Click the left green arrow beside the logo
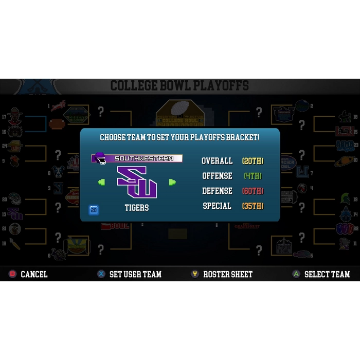pos(101,182)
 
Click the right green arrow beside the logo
pos(172,182)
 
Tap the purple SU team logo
pos(137,182)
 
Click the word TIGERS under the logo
pos(137,208)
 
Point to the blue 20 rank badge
pos(94,210)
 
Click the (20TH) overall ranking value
pos(253,161)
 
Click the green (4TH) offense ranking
pos(253,176)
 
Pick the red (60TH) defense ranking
pos(253,191)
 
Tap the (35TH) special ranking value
pos(253,206)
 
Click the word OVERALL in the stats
pos(217,161)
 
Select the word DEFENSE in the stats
pos(217,191)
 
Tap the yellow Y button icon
pos(195,274)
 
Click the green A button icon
pos(296,274)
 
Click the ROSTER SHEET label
pos(228,274)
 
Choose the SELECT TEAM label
pos(327,274)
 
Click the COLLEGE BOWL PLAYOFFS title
pos(179,85)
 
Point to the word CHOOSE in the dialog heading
pos(112,137)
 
